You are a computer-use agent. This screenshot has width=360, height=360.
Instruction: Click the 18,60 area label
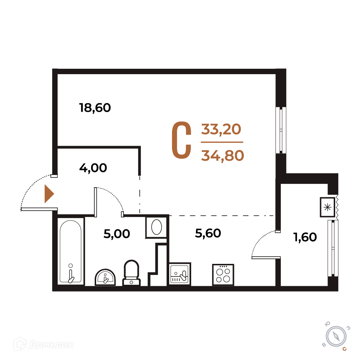[95, 108]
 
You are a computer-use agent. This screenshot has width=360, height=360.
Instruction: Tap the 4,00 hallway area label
[93, 168]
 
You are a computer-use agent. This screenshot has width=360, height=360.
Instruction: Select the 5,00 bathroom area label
[117, 234]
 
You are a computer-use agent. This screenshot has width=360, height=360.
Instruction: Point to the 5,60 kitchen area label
[208, 233]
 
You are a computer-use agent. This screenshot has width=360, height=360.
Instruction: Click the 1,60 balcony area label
[305, 237]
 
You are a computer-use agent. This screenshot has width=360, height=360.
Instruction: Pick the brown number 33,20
[221, 129]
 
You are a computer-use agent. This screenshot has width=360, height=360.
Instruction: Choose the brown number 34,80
[222, 156]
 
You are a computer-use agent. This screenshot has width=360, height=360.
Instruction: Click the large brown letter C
[181, 140]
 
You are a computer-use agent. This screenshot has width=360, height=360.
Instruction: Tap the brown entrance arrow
[49, 194]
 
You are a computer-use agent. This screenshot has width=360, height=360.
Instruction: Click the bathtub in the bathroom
[71, 251]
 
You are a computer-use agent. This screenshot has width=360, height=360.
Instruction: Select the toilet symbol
[131, 273]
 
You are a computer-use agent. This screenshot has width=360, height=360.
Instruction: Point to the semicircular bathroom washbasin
[105, 277]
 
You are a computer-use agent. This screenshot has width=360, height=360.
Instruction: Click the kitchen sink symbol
[180, 274]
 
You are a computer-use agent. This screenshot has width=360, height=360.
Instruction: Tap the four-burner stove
[223, 275]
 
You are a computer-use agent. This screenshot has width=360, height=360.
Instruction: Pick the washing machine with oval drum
[156, 227]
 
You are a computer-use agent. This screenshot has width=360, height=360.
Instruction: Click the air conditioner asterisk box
[327, 207]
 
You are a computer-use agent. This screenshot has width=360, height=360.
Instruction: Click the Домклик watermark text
[51, 345]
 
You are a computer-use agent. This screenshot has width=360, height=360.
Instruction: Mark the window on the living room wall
[281, 130]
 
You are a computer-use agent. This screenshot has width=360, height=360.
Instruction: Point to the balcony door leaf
[266, 258]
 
